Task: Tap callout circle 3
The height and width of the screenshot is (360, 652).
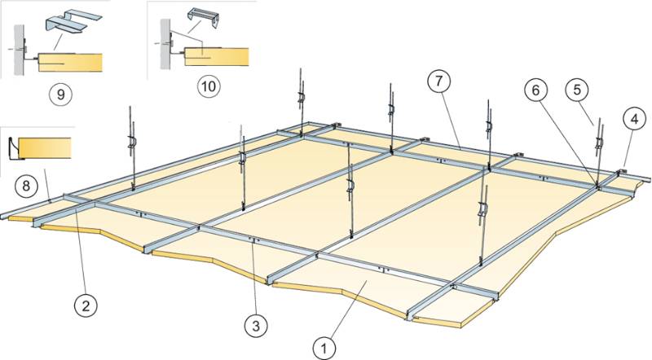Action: [256, 326]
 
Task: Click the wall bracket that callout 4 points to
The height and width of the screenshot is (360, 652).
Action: [623, 172]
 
